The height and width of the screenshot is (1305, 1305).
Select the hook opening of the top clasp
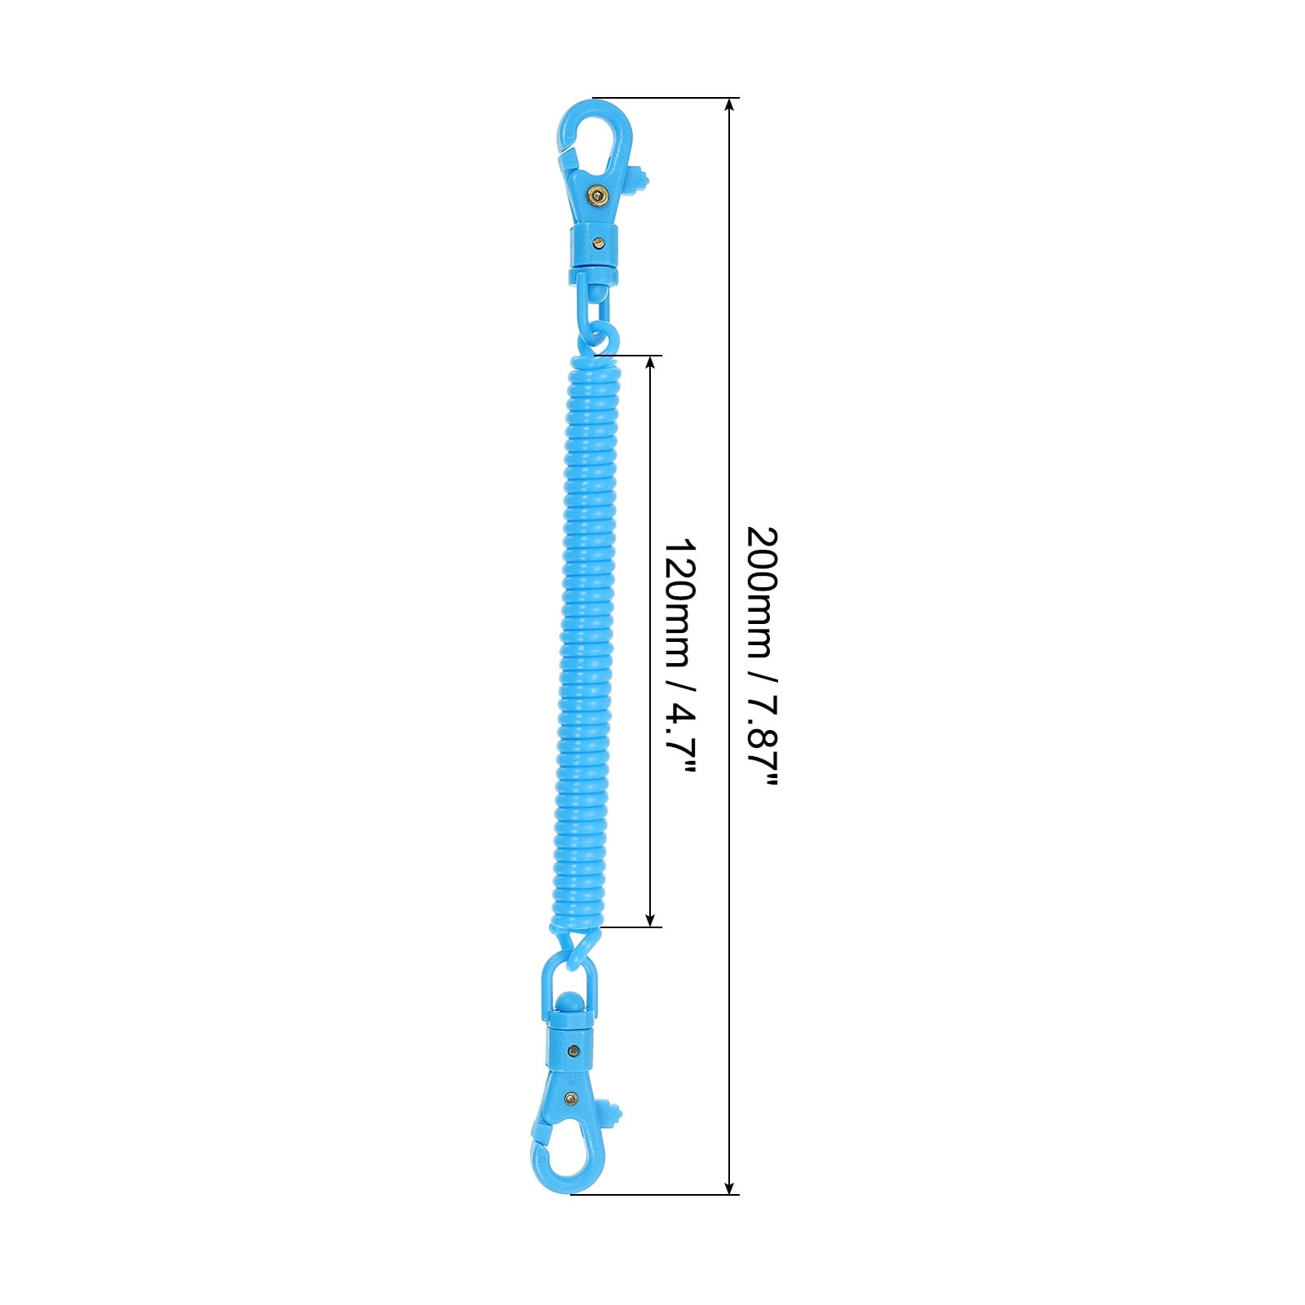pyautogui.click(x=594, y=139)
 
